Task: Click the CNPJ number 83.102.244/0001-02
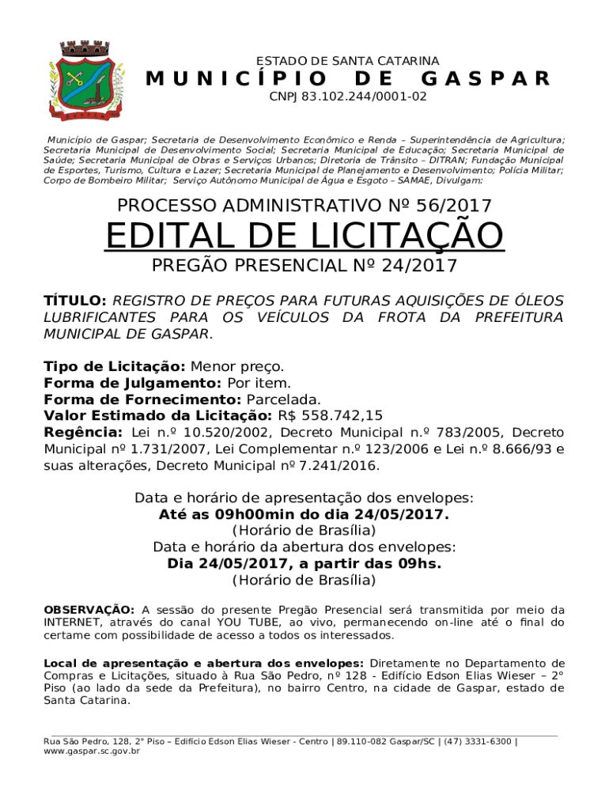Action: pos(347,97)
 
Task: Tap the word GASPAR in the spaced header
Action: pos(486,78)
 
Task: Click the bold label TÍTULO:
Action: pos(74,301)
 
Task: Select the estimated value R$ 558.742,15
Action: pos(330,415)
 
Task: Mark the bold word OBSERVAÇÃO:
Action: pos(89,610)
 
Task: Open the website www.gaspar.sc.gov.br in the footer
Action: pos(92,751)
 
